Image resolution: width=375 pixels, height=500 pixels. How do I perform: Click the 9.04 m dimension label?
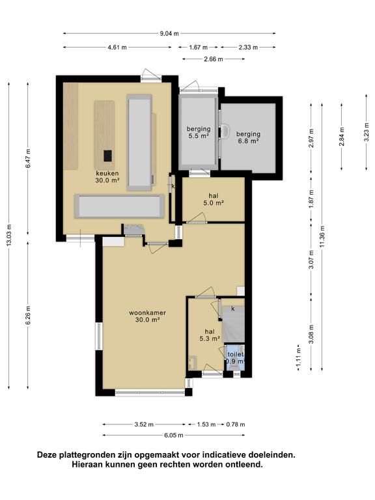169,33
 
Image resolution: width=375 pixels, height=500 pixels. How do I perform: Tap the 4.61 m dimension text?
117,48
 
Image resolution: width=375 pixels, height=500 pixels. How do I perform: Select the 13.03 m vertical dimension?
9,235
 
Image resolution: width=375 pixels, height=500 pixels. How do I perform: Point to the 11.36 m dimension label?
323,236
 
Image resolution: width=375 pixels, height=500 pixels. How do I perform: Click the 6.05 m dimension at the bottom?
174,436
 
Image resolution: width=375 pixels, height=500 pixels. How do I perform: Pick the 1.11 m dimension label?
298,361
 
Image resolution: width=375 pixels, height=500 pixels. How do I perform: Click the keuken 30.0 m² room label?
107,176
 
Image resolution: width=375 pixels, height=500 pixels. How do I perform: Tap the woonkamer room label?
147,316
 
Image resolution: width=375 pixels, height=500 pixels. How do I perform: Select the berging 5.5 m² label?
199,132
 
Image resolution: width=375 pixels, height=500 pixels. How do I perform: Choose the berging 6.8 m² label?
248,137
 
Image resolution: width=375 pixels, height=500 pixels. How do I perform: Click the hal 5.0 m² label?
214,199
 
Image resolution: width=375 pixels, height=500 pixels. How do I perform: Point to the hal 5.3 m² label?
210,335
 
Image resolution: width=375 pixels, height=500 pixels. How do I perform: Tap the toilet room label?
235,355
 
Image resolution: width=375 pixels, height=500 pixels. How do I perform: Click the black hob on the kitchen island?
108,156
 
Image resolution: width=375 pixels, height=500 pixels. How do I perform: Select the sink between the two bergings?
225,132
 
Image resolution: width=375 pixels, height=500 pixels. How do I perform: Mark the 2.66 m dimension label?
214,59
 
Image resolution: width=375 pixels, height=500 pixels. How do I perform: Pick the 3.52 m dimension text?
144,424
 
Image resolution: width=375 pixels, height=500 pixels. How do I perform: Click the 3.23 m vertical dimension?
367,132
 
